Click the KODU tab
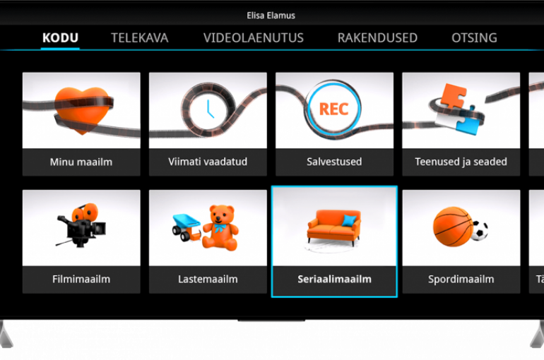60,38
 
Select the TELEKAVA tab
140,38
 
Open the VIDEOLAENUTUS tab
254,38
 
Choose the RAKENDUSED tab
377,38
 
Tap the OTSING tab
474,38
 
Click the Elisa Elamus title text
271,16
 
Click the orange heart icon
82,110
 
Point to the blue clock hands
210,109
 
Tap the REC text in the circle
333,109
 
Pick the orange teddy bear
220,227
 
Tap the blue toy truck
187,227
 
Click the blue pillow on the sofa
349,220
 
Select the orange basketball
453,227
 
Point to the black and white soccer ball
480,230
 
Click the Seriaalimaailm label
334,280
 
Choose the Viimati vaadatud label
208,162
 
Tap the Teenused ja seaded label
461,162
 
